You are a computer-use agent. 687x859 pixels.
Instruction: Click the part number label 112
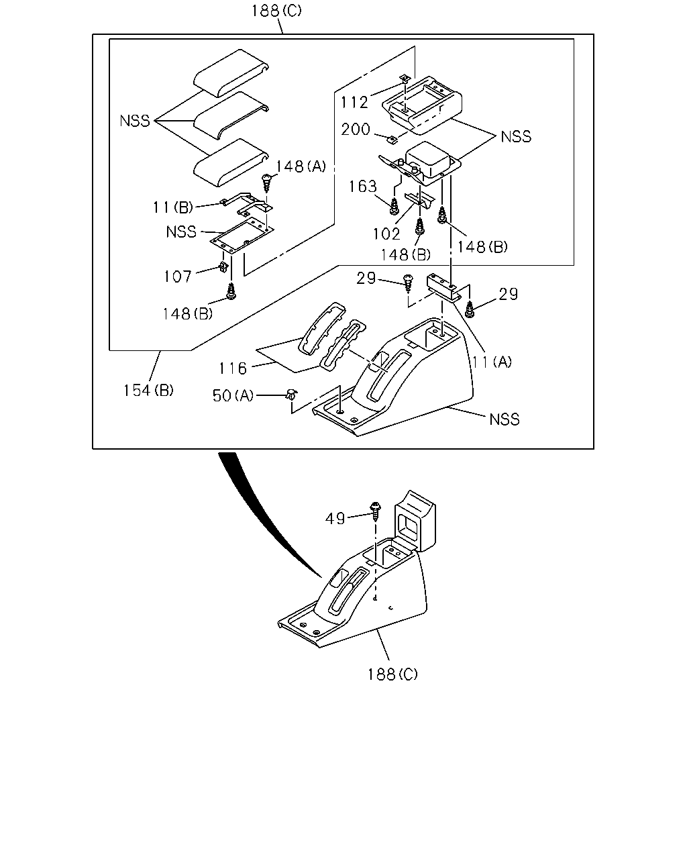tap(354, 103)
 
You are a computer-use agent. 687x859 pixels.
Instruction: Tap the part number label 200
tap(356, 130)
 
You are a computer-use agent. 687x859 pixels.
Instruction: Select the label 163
tap(363, 187)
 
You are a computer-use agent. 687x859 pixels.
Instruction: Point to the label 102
tap(386, 234)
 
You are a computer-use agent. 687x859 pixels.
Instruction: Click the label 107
tap(178, 276)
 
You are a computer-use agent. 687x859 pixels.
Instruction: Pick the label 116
tap(233, 368)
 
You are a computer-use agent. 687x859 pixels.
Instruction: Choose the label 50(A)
tap(233, 395)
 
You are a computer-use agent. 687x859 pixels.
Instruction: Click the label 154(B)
tap(148, 391)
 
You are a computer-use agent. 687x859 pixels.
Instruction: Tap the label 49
tap(335, 519)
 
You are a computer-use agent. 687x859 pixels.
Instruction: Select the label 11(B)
tap(173, 207)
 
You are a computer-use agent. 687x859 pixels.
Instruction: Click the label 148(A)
tap(301, 166)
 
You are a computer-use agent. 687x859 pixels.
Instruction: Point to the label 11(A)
tap(491, 362)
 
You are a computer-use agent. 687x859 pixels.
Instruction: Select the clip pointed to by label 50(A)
tap(292, 395)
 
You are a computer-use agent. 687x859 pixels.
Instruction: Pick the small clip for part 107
tap(224, 266)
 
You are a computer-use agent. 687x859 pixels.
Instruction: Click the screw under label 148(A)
tap(266, 182)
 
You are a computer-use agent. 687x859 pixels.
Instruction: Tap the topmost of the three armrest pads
tap(231, 73)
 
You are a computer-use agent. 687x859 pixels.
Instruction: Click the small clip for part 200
tap(392, 140)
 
